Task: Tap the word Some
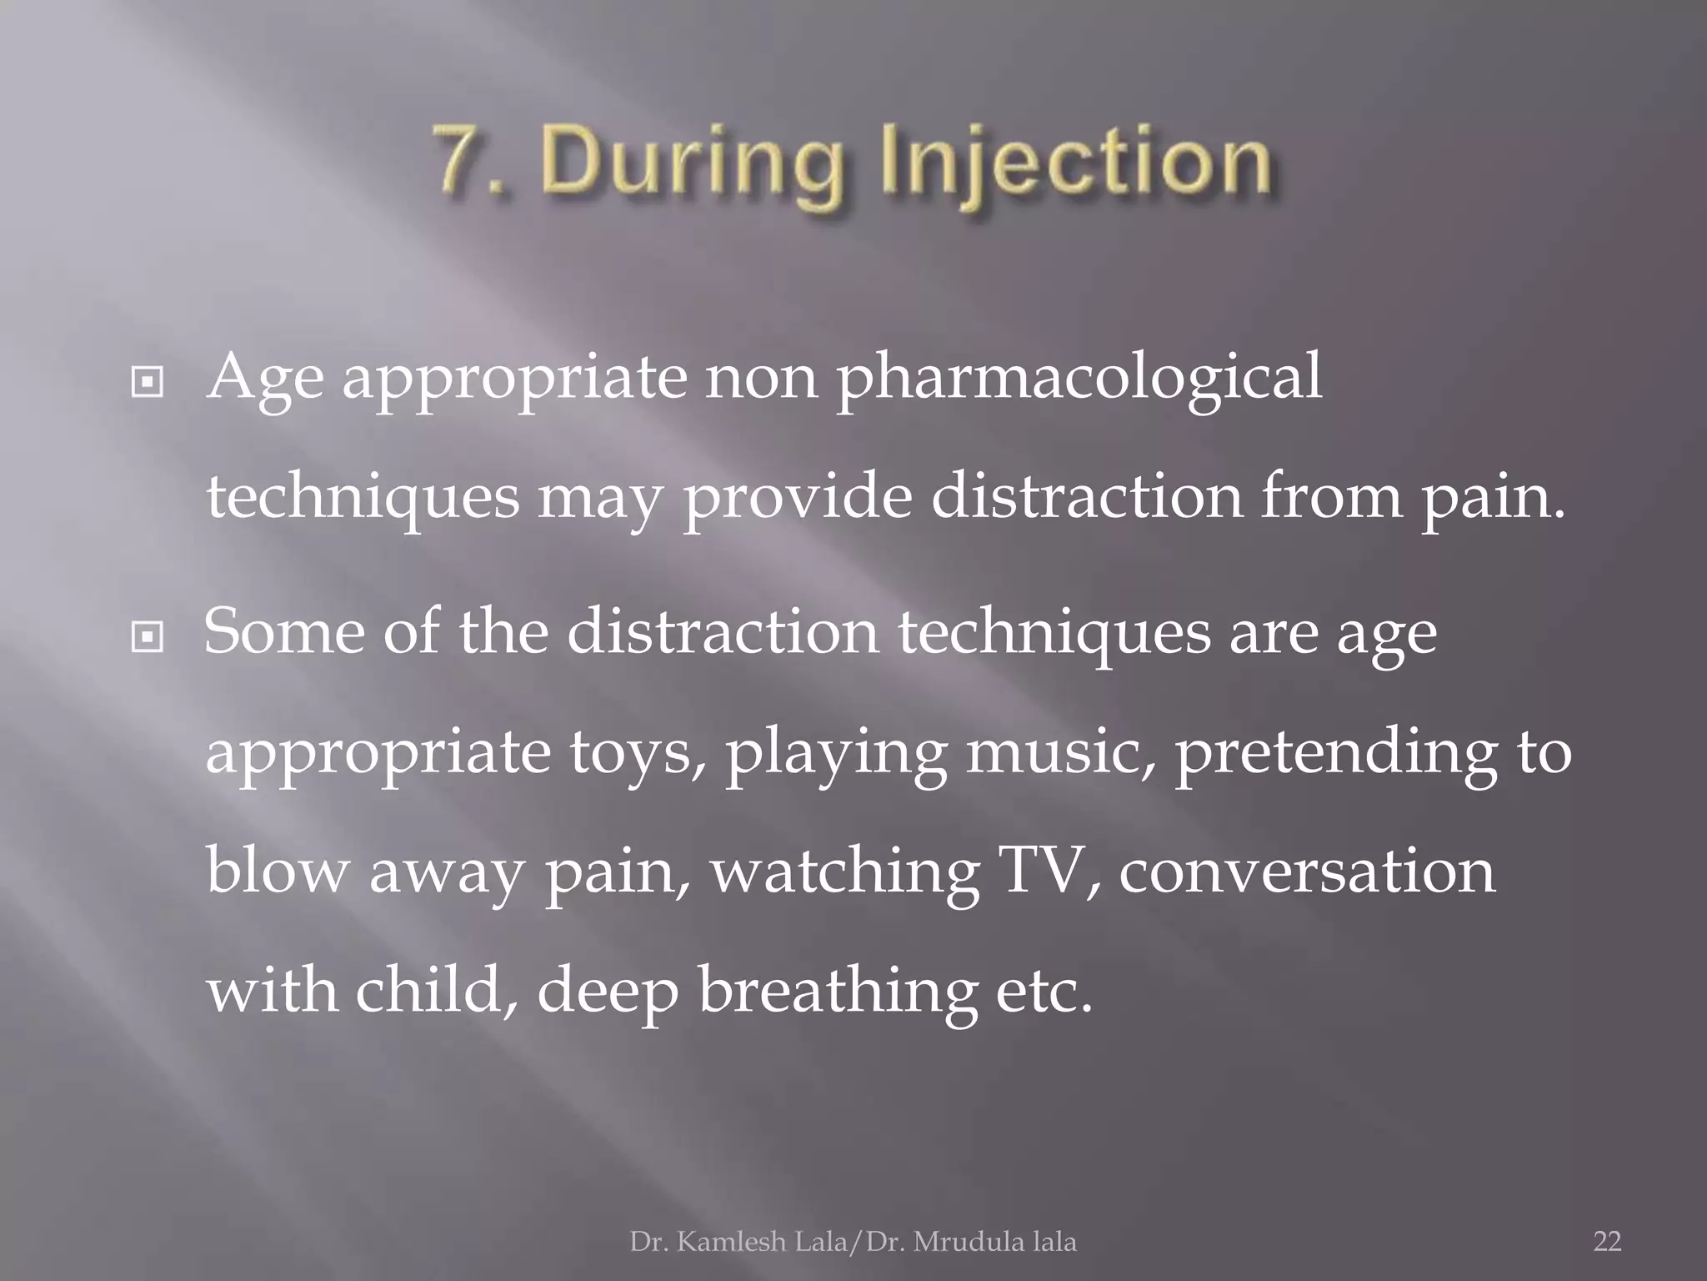click(283, 630)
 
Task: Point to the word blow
click(275, 871)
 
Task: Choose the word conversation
click(1306, 871)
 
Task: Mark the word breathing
click(838, 992)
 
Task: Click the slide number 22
click(1607, 1242)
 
